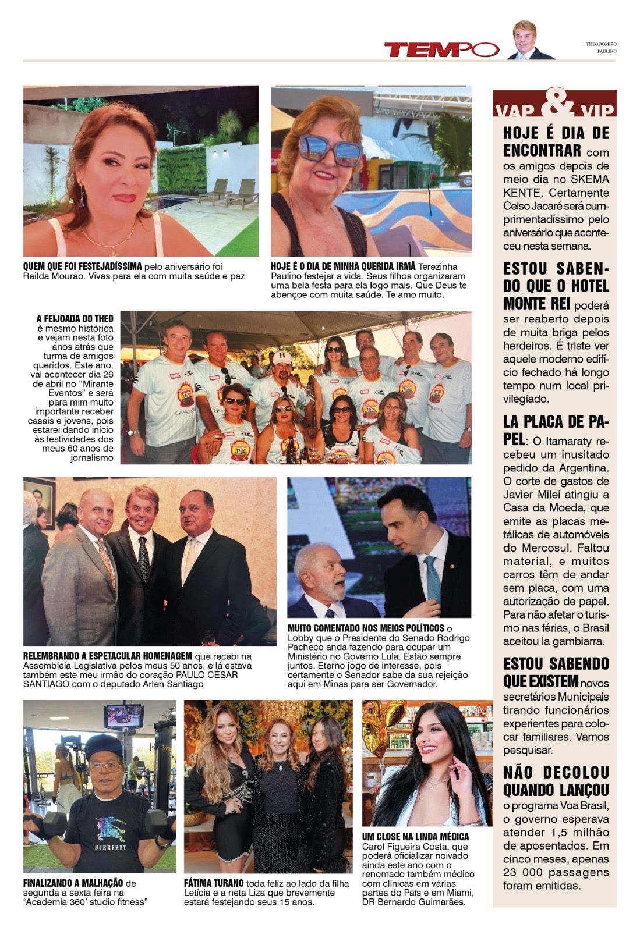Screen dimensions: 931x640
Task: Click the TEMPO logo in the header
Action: click(441, 50)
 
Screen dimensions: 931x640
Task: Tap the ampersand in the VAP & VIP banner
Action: click(554, 104)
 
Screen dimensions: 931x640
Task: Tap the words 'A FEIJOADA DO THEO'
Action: click(75, 319)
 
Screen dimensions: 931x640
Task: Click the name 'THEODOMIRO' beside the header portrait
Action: click(601, 44)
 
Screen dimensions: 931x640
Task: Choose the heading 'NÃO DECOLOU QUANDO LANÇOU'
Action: click(556, 781)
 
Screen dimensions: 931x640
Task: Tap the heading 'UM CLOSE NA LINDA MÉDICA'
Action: click(415, 837)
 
